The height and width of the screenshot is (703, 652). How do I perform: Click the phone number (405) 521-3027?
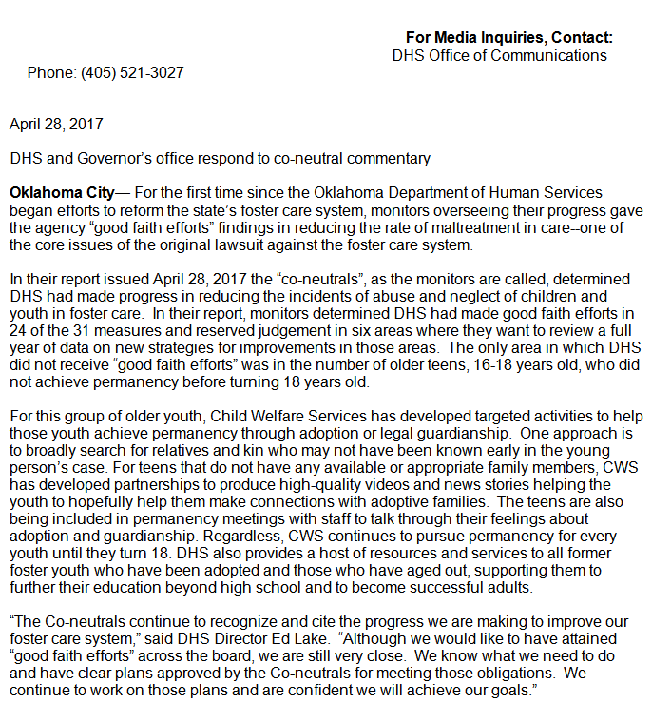(x=132, y=73)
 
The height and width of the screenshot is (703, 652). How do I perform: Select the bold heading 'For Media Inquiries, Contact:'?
(x=508, y=38)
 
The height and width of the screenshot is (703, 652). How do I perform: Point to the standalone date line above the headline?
(x=56, y=124)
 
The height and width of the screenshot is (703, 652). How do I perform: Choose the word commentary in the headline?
(x=389, y=159)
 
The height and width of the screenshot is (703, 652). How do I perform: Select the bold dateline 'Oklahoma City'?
(x=62, y=194)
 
